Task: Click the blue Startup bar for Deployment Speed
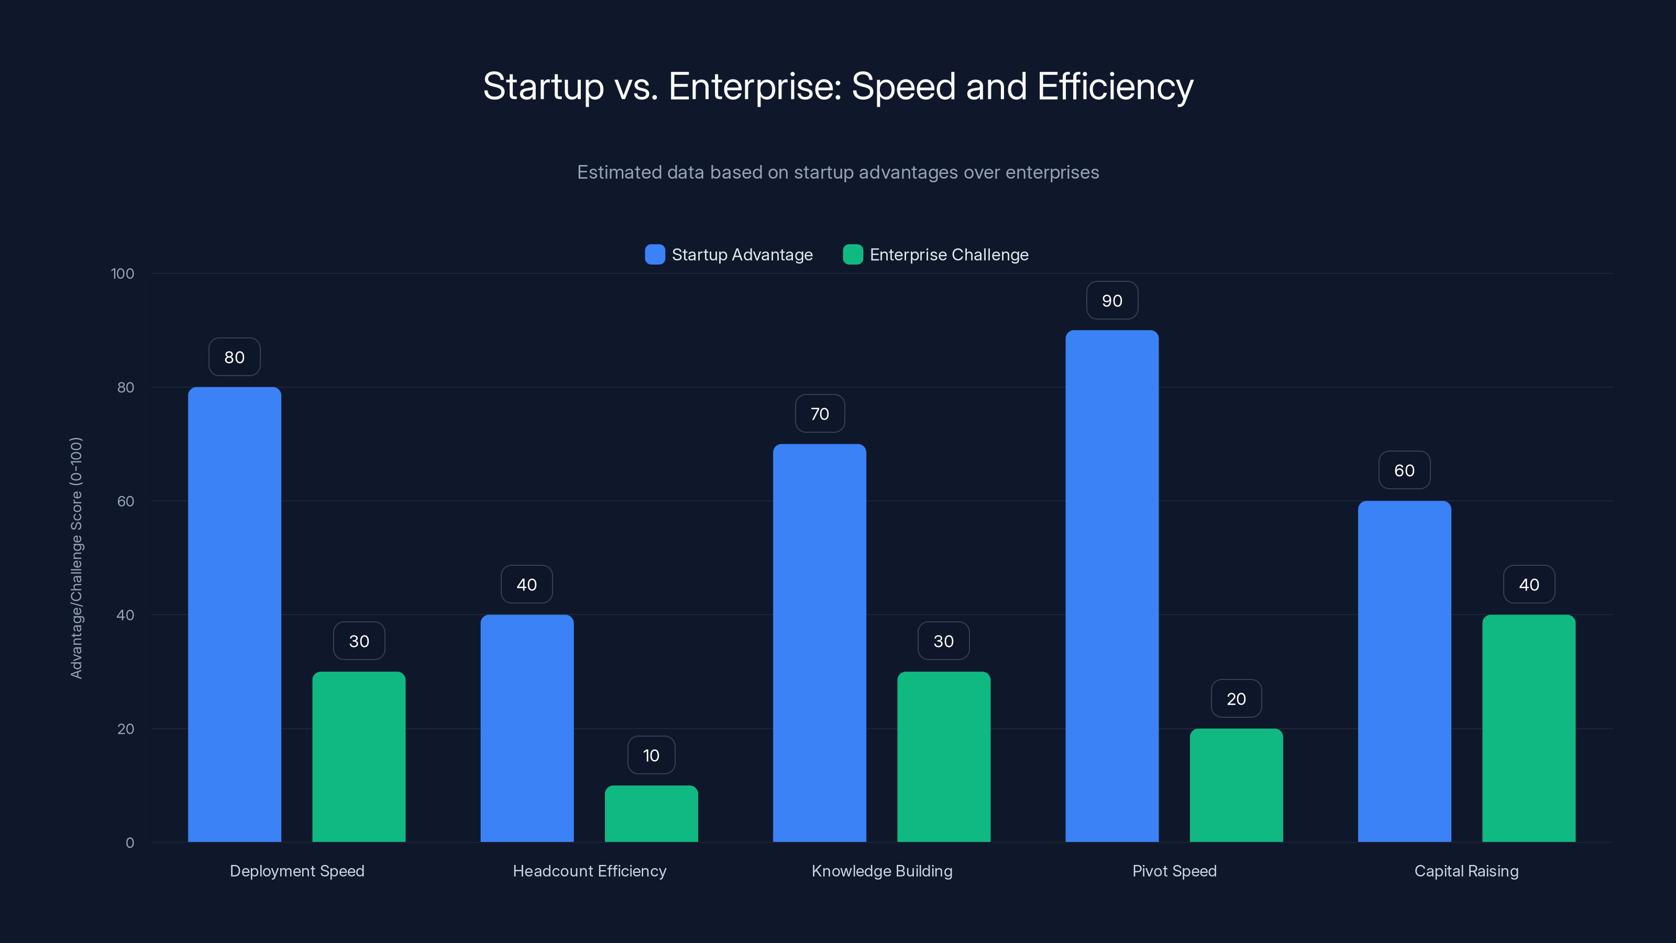click(234, 615)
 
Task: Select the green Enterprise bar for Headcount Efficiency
click(651, 814)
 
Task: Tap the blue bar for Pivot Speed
click(1112, 586)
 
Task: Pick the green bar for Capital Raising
click(1528, 728)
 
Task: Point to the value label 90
click(1112, 301)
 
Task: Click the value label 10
click(651, 755)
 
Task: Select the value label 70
click(819, 414)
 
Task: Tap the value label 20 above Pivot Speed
click(1236, 698)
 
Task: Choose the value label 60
click(1404, 470)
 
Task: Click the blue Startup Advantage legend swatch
click(655, 255)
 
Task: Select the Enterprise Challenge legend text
click(949, 255)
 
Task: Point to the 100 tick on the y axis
click(123, 274)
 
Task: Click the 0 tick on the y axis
click(129, 843)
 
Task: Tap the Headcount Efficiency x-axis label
click(589, 871)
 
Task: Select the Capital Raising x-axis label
click(1466, 871)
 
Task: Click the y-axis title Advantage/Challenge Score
click(76, 558)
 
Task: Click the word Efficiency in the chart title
click(1115, 86)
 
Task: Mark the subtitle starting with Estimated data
click(837, 172)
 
